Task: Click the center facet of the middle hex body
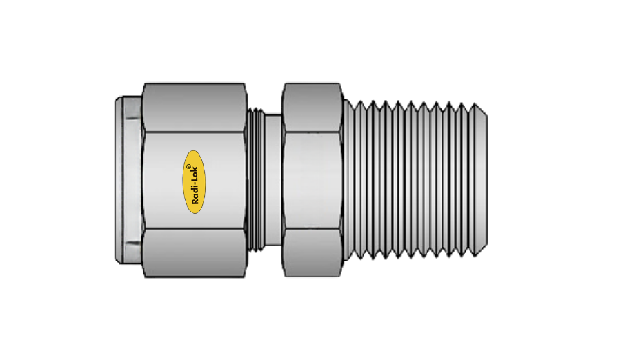[x=313, y=181]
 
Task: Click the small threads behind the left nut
[x=256, y=181]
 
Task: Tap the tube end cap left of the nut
[x=128, y=181]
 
